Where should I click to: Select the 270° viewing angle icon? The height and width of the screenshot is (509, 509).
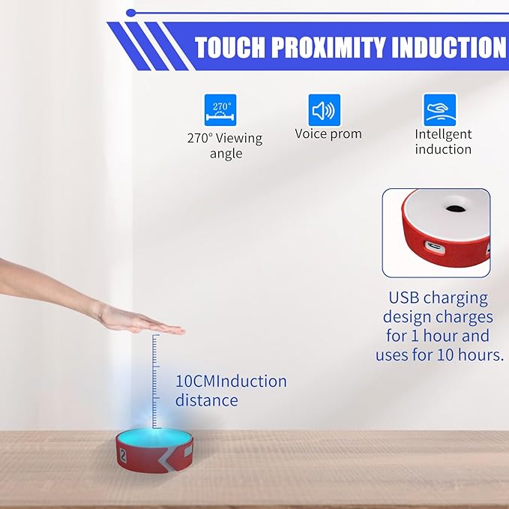pyautogui.click(x=220, y=109)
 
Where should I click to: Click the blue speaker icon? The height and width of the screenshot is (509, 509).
pyautogui.click(x=325, y=109)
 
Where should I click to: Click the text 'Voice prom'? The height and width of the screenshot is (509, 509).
pyautogui.click(x=328, y=134)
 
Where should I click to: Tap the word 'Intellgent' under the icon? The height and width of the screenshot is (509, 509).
pyautogui.click(x=443, y=135)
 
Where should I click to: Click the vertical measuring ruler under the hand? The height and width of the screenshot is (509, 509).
pyautogui.click(x=155, y=379)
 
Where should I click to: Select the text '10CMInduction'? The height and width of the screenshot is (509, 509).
pyautogui.click(x=231, y=381)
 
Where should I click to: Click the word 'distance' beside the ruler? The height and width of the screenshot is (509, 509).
pyautogui.click(x=207, y=400)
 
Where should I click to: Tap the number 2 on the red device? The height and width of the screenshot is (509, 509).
pyautogui.click(x=122, y=455)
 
